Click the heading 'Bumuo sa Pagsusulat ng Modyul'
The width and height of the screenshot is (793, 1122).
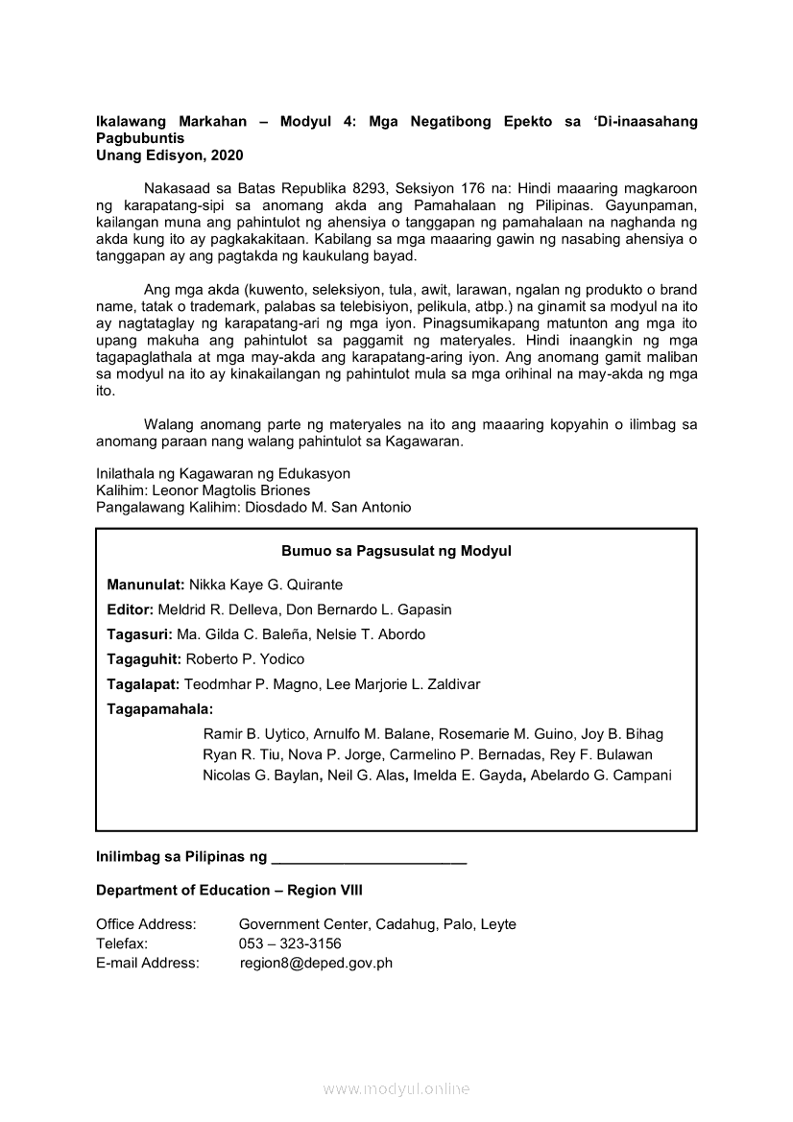[396, 551]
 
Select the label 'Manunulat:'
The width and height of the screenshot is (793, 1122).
[146, 585]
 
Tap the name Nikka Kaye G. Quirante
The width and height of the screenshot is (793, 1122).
[266, 585]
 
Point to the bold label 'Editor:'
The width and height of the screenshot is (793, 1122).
[130, 609]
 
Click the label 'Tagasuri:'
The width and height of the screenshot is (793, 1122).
[139, 634]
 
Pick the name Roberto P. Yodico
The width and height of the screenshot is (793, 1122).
[245, 659]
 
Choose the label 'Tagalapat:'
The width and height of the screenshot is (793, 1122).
[143, 684]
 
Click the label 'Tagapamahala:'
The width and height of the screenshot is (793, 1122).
[160, 709]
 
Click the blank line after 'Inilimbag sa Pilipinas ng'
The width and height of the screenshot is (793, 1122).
[370, 855]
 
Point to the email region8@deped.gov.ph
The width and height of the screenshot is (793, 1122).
[316, 963]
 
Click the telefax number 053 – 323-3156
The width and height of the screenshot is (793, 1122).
[290, 943]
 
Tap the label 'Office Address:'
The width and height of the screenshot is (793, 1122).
[146, 924]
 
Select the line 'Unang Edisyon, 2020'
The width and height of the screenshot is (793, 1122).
[170, 154]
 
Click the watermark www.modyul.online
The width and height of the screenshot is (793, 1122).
[396, 1088]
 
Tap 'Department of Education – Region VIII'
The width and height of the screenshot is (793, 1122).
[229, 890]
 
